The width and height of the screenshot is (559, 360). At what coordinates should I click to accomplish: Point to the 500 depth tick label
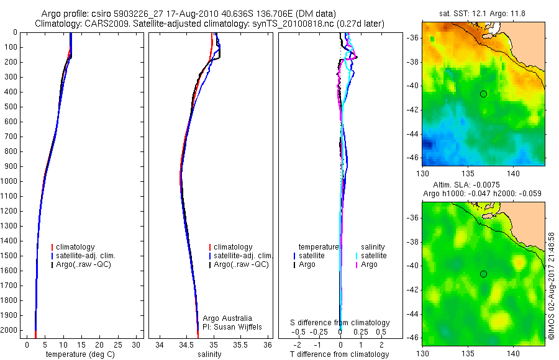coord(11,107)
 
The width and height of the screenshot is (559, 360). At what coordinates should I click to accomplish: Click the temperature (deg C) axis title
coord(75,354)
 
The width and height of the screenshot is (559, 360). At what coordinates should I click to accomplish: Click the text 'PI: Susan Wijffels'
coord(233,326)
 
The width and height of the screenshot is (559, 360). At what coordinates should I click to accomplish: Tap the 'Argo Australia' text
coord(227,318)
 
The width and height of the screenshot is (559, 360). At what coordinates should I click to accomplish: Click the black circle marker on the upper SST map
coord(483,94)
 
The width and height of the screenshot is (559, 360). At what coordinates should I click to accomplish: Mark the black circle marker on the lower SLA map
coord(483,274)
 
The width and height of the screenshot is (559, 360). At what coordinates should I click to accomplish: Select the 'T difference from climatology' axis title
coord(339,354)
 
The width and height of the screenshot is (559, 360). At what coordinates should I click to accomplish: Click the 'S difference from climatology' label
coord(340,323)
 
